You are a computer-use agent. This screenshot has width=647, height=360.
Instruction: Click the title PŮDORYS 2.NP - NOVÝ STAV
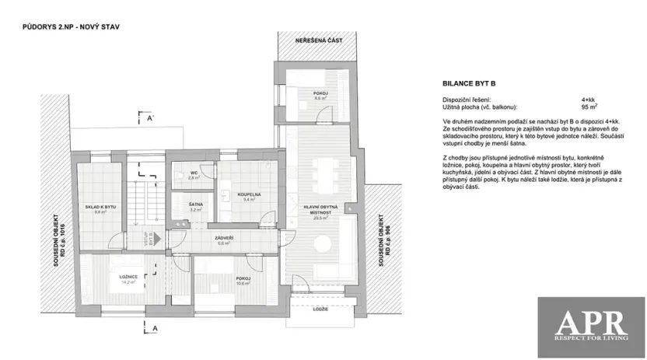(71, 26)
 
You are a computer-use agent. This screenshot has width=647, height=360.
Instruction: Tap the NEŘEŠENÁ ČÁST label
(318, 40)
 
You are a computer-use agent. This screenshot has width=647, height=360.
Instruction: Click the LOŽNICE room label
(128, 278)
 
